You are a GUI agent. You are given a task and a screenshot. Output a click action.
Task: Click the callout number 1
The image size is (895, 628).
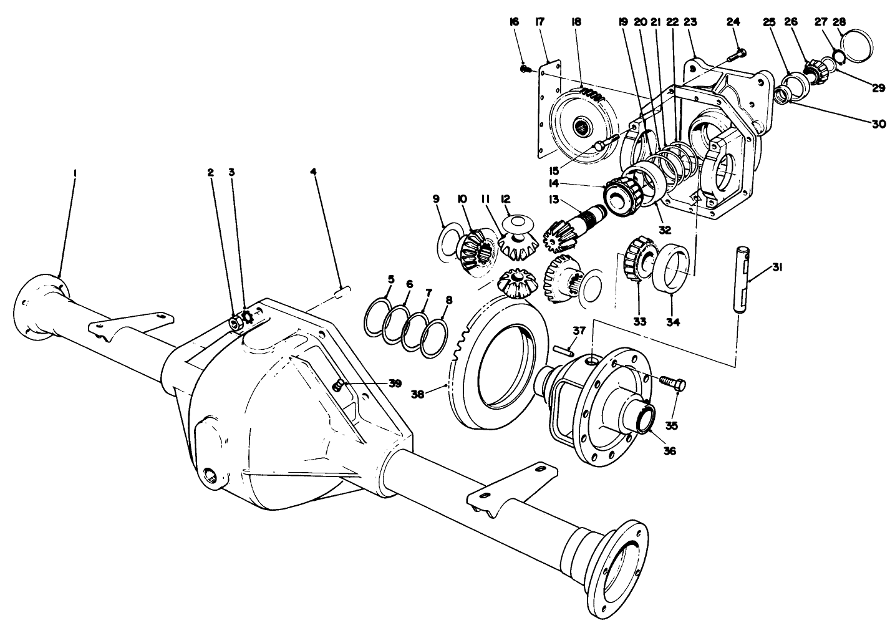74,173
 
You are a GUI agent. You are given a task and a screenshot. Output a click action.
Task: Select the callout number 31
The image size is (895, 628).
776,268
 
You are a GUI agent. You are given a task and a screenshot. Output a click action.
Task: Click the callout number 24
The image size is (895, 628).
733,22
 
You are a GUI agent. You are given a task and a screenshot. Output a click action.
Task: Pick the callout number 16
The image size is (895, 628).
514,22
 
